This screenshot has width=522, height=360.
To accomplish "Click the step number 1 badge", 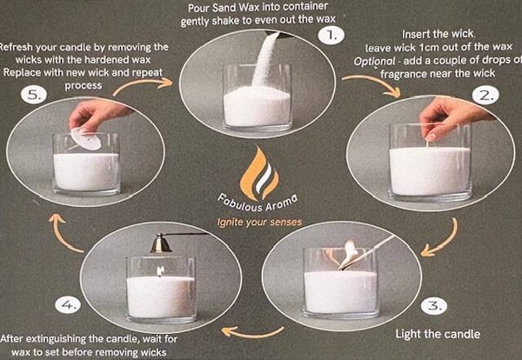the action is tap(331, 36).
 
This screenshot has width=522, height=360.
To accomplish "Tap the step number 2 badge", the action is tap(485, 97).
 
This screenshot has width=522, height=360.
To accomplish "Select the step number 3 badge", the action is tap(434, 306).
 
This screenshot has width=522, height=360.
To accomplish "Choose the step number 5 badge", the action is tap(34, 95).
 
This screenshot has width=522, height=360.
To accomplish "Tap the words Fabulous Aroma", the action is tap(257, 203).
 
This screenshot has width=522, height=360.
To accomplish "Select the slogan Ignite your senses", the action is tap(259, 223).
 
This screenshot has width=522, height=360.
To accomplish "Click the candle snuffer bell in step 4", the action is tap(160, 243).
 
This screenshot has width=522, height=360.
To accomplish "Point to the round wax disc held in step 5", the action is tap(86, 139).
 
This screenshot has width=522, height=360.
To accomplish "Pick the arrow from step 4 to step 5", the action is tap(62, 234).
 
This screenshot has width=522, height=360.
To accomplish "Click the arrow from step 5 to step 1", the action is tap(142, 84).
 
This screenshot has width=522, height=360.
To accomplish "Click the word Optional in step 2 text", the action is tap(374, 61).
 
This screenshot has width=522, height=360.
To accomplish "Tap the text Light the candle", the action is tap(438, 334).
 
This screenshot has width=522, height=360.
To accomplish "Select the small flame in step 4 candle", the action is tap(160, 270).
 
